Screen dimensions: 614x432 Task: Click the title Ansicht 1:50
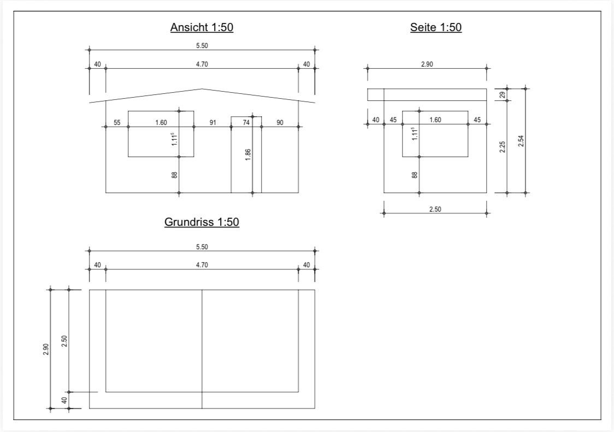pyautogui.click(x=202, y=27)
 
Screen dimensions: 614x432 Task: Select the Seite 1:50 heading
pyautogui.click(x=436, y=27)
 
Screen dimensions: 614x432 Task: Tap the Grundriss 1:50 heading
pyautogui.click(x=202, y=222)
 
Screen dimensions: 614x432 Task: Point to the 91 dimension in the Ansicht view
pyautogui.click(x=212, y=123)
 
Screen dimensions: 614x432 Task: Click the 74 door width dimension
pyautogui.click(x=246, y=123)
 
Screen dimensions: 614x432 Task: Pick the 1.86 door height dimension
pyautogui.click(x=248, y=154)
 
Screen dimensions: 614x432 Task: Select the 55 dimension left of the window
pyautogui.click(x=117, y=123)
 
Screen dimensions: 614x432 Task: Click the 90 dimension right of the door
pyautogui.click(x=280, y=123)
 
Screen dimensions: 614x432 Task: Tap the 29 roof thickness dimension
pyautogui.click(x=503, y=94)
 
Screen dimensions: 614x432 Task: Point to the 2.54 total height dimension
pyautogui.click(x=521, y=141)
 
